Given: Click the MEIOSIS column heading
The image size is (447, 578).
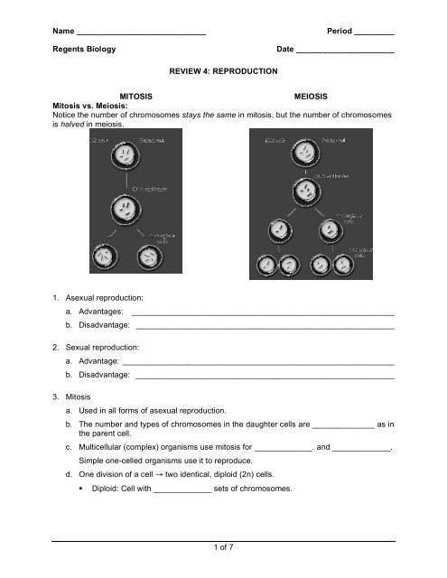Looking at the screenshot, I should pyautogui.click(x=310, y=94).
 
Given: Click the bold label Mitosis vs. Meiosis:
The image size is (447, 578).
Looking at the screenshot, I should pyautogui.click(x=92, y=106).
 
